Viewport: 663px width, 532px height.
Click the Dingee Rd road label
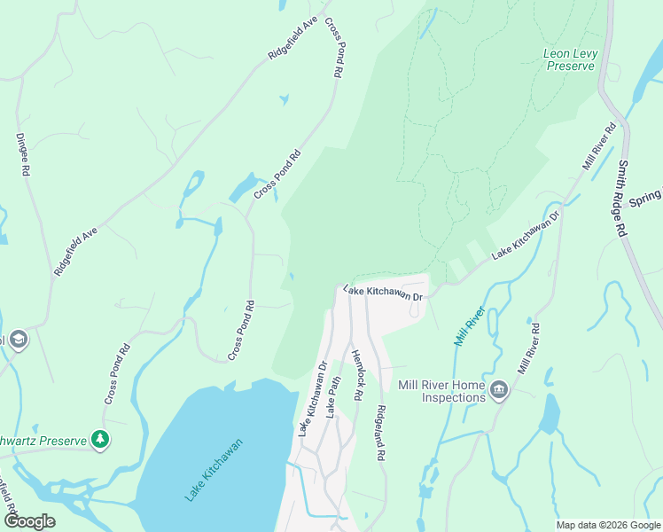coord(24,155)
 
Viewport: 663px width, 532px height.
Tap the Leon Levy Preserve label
coord(570,59)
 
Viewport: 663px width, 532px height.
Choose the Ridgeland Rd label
coord(380,433)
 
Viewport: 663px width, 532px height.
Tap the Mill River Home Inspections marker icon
coord(499,390)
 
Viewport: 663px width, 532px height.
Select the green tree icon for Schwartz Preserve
coord(101,440)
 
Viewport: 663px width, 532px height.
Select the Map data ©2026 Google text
coord(607,525)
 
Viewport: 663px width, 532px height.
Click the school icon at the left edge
coord(17,340)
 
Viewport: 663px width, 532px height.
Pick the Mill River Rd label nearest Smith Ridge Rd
coord(598,146)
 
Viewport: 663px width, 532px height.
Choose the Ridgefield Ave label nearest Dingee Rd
coord(75,251)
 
